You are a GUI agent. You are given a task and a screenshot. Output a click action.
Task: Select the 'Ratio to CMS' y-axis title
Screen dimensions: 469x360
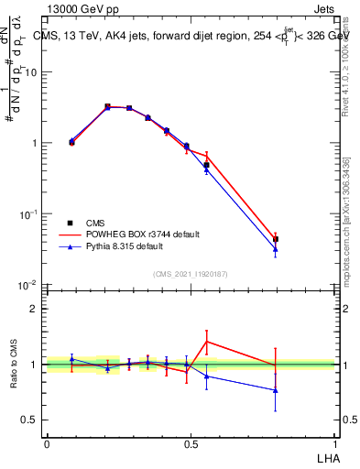[x=15, y=365]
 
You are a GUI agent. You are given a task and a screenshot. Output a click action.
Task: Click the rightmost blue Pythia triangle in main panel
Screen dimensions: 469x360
[x=276, y=249]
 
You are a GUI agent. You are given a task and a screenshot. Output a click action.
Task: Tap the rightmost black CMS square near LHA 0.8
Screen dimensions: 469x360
[x=276, y=239]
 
